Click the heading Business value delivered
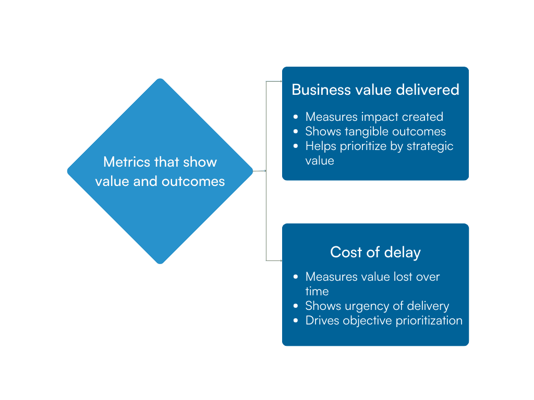[x=375, y=90]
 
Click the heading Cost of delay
[x=375, y=253]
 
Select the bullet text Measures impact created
[x=374, y=117]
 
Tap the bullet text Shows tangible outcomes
[x=375, y=131]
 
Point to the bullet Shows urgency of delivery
[x=377, y=306]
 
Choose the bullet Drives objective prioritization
[x=384, y=320]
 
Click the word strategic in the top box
[x=430, y=146]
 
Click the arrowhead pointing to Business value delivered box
[x=281, y=81]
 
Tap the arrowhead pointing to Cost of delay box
[x=281, y=260]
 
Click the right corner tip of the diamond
[x=252, y=171]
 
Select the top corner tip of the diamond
[x=160, y=79]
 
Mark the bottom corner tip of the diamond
[x=160, y=263]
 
